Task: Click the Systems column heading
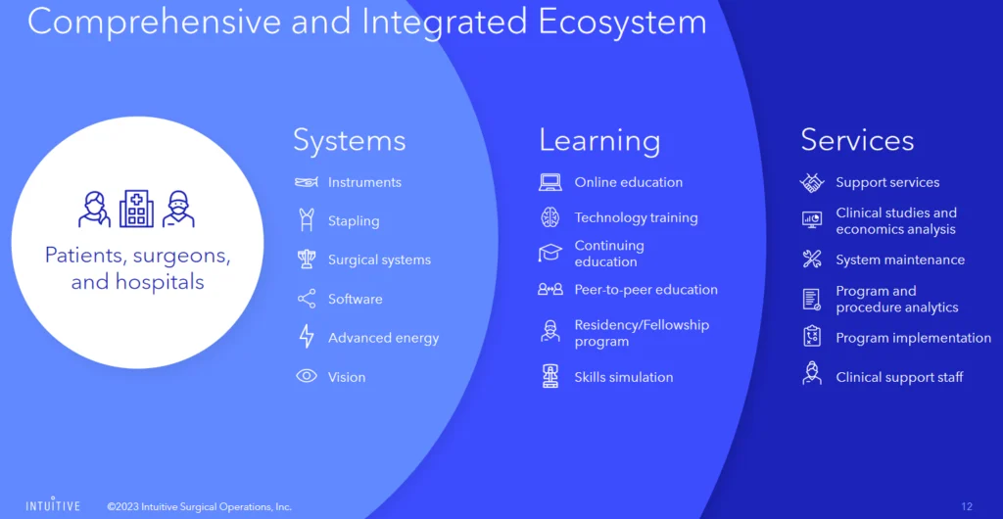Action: pos(350,141)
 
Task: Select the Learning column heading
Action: pos(599,141)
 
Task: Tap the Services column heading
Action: pos(857,140)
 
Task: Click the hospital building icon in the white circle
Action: pos(136,209)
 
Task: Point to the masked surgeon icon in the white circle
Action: pos(178,209)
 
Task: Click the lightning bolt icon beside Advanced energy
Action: pos(307,337)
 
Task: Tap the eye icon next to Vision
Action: pos(307,376)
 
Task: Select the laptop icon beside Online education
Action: pos(550,183)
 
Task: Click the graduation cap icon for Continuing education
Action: pos(550,253)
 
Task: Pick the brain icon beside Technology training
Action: pos(550,217)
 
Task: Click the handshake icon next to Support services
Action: pos(812,183)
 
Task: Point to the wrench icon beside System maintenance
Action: pos(812,259)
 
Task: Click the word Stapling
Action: pos(354,221)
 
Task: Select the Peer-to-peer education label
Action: pos(646,290)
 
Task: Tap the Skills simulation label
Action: pos(624,377)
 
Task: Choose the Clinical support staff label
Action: pos(899,377)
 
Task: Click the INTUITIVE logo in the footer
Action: pos(53,505)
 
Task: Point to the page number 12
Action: pos(967,507)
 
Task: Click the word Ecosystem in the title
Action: pos(622,23)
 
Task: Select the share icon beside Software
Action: pos(307,299)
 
